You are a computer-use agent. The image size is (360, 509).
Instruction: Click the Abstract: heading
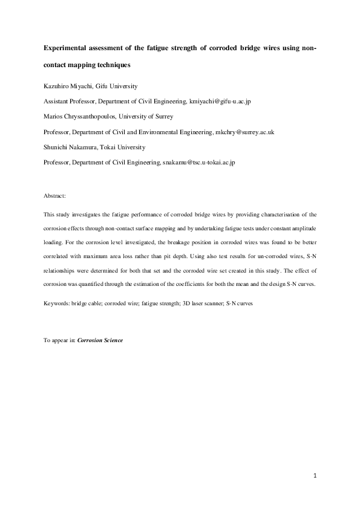tap(55, 196)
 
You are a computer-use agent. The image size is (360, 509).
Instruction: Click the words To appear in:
tap(60, 340)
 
